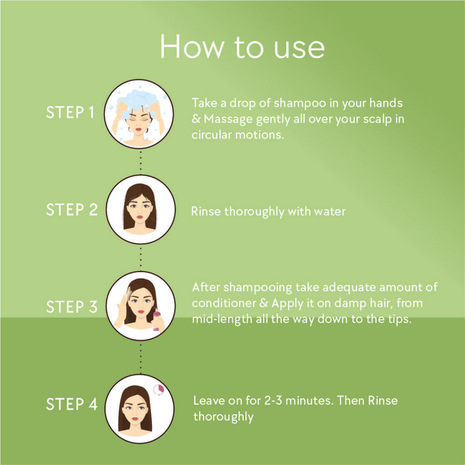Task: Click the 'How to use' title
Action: (x=242, y=47)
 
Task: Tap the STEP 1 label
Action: (x=70, y=113)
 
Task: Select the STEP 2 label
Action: (x=72, y=209)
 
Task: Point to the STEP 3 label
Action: (x=72, y=306)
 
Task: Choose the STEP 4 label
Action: (x=72, y=404)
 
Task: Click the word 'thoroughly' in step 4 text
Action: (x=223, y=417)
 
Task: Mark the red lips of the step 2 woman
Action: (x=139, y=217)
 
